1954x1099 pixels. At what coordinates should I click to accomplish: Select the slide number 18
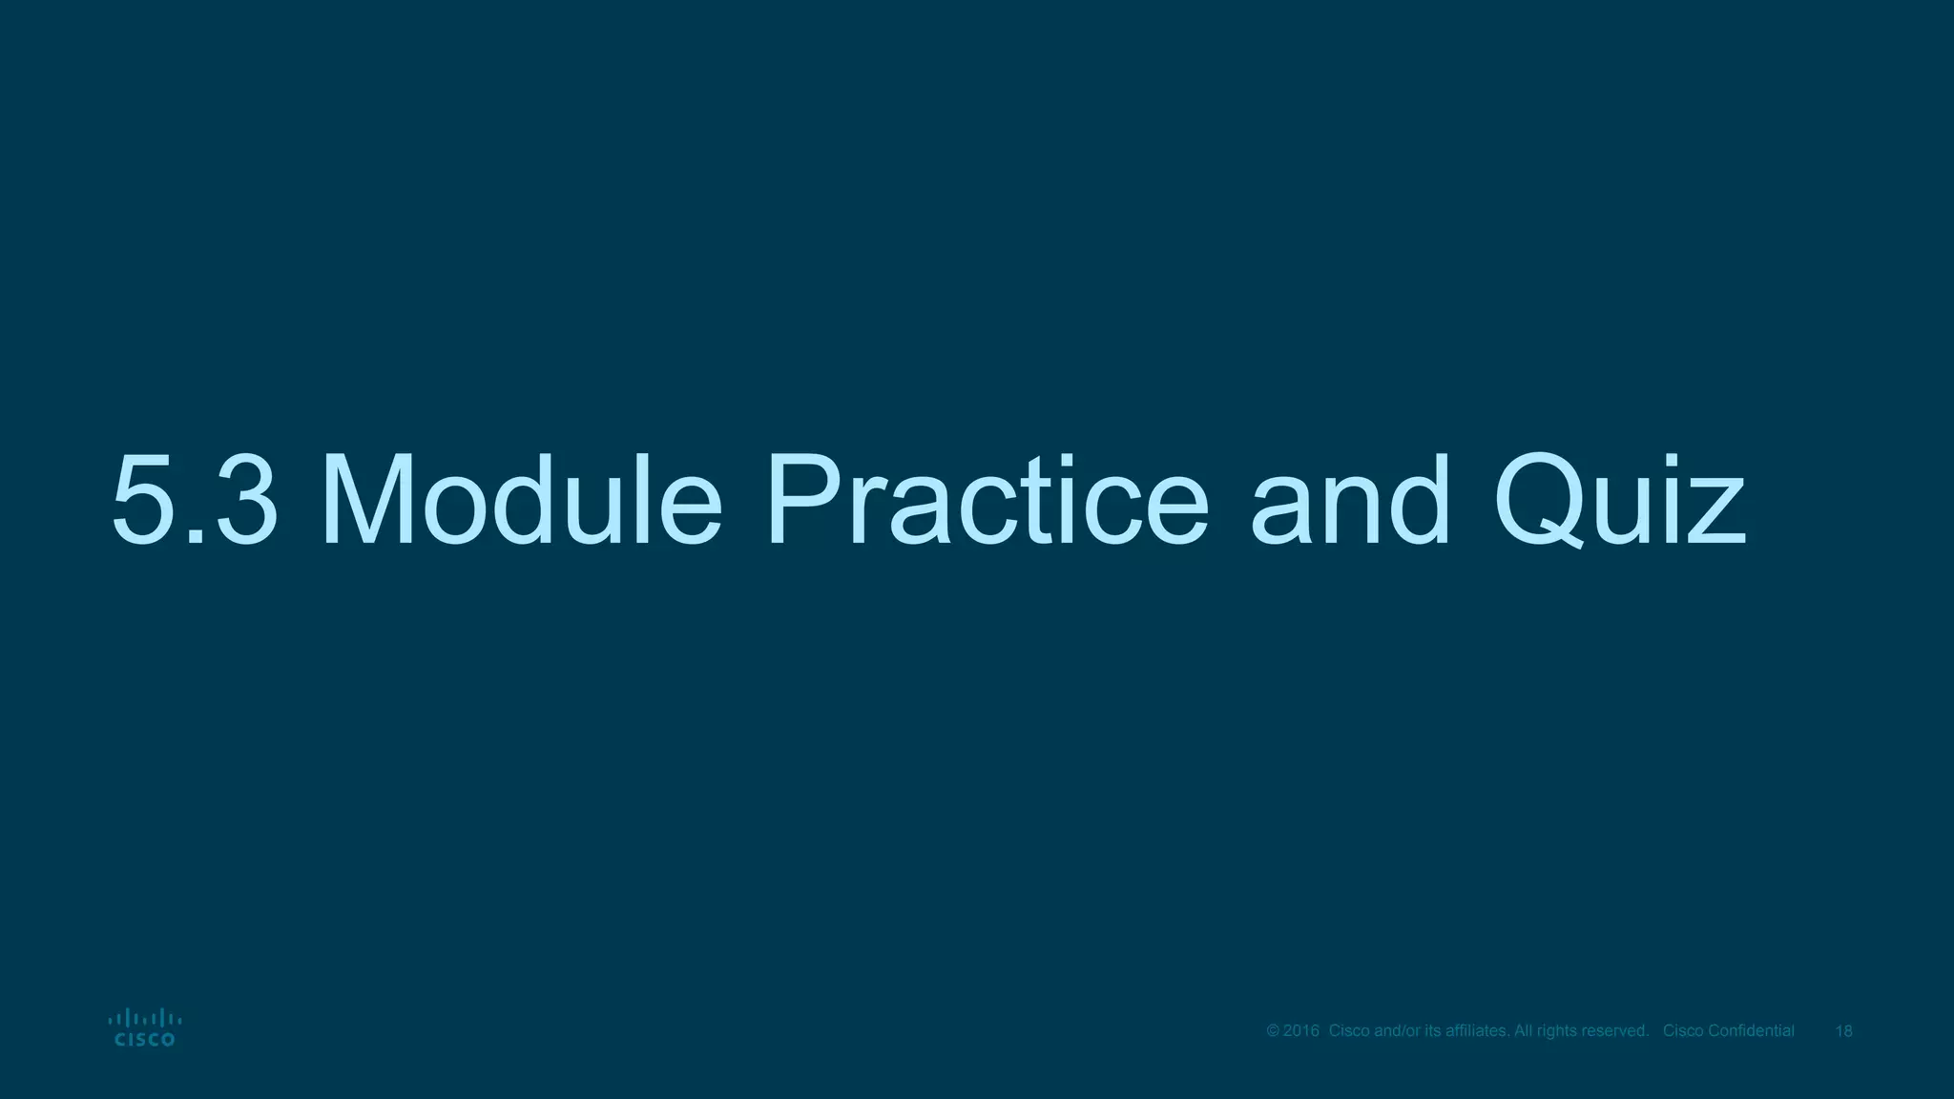[1843, 1031]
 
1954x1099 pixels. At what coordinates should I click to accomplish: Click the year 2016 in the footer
[1301, 1031]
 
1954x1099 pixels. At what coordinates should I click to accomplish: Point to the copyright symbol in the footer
[1273, 1031]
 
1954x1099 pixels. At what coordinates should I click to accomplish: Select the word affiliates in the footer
[1475, 1031]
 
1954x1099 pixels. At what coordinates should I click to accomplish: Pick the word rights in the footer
[1555, 1031]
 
